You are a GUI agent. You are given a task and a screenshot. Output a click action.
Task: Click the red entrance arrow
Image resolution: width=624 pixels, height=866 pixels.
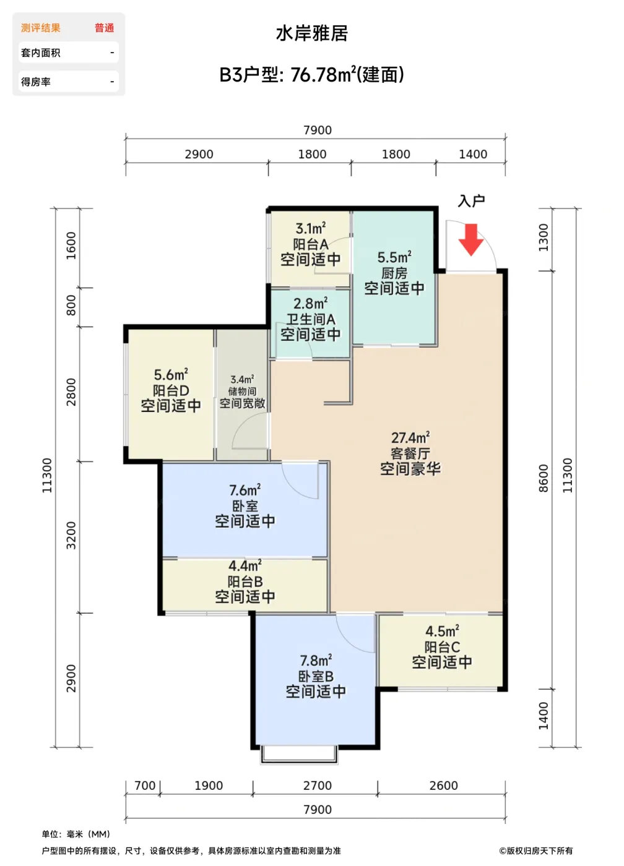(471, 240)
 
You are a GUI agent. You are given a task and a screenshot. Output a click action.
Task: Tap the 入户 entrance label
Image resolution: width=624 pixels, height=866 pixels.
(471, 201)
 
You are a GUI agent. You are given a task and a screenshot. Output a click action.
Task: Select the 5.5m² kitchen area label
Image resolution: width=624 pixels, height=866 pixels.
(394, 257)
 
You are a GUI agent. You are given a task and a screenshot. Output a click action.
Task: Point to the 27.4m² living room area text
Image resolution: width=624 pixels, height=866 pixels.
(410, 438)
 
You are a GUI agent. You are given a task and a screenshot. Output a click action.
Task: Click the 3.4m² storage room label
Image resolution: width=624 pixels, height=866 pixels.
(243, 379)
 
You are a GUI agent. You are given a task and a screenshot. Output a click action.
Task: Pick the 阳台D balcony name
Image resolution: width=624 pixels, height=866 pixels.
(171, 390)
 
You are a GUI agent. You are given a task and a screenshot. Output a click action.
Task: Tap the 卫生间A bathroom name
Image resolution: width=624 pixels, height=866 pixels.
(311, 319)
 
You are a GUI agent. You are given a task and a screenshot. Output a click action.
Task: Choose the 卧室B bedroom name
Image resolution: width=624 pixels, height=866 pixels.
(316, 676)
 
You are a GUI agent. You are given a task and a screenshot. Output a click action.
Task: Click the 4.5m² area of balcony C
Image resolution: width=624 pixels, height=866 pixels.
(442, 632)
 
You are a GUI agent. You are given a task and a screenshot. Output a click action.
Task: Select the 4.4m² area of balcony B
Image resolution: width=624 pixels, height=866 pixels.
(245, 566)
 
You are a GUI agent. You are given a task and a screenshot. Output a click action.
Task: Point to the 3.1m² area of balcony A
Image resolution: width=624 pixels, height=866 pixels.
(311, 228)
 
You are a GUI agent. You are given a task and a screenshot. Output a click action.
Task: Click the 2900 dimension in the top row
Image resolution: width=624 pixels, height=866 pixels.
(199, 154)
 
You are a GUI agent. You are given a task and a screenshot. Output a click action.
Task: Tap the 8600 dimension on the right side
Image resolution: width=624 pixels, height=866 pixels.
(544, 478)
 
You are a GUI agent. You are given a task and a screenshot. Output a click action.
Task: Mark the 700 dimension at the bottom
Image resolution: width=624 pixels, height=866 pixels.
(145, 786)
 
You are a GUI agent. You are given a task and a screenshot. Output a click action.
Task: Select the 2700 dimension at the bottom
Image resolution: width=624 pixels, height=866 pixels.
(317, 786)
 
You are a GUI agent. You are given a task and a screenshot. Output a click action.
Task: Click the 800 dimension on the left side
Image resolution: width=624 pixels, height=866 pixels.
(71, 306)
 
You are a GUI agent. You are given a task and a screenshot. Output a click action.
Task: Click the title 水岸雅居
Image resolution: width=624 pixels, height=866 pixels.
(312, 33)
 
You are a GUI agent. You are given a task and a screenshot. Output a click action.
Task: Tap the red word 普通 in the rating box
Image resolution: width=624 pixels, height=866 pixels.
(105, 28)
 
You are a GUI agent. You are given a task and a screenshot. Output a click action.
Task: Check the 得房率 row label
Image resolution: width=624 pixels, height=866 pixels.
(35, 82)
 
